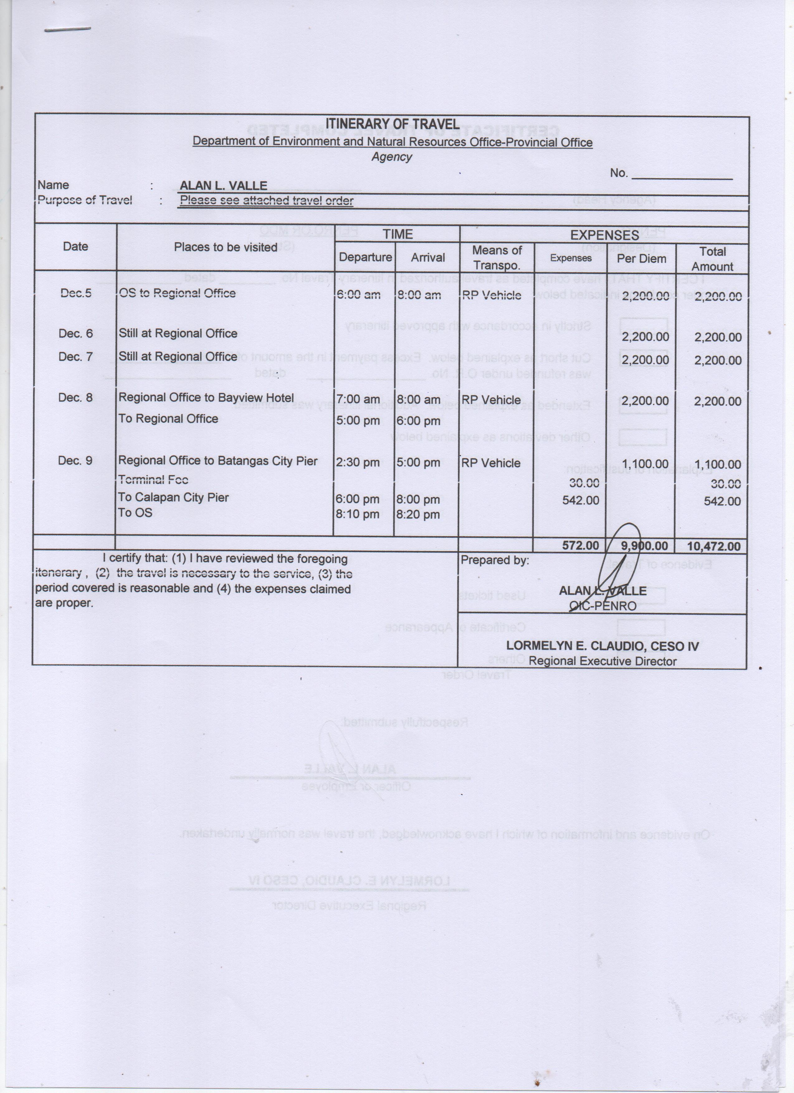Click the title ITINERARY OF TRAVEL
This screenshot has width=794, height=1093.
pyautogui.click(x=392, y=124)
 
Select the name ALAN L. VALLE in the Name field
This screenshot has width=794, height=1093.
pyautogui.click(x=223, y=186)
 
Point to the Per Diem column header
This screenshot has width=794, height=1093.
pyautogui.click(x=641, y=259)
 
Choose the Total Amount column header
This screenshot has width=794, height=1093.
pyautogui.click(x=712, y=259)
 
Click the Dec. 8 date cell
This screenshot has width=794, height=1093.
pyautogui.click(x=75, y=398)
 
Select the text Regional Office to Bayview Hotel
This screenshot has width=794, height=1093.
pyautogui.click(x=206, y=398)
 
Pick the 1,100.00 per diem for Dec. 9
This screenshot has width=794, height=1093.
pyautogui.click(x=645, y=464)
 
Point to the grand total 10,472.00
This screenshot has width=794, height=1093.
pyautogui.click(x=714, y=546)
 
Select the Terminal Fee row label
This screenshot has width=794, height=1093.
pyautogui.click(x=153, y=480)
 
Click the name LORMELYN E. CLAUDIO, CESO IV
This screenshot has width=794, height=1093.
pyautogui.click(x=602, y=646)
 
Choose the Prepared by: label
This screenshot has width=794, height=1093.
pyautogui.click(x=495, y=560)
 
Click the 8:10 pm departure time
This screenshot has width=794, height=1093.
pyautogui.click(x=357, y=514)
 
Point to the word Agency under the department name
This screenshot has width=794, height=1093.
pyautogui.click(x=391, y=157)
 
